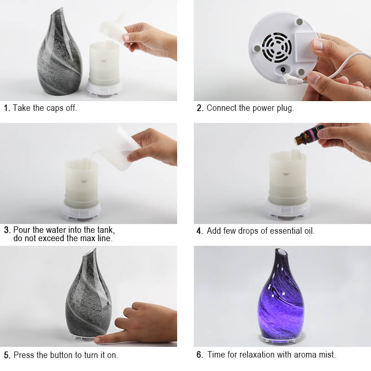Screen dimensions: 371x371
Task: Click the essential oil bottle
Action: (308, 135)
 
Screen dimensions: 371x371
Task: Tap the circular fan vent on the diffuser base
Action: (277, 47)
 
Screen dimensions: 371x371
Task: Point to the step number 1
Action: (7, 109)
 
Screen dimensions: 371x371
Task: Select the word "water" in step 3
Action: (55, 230)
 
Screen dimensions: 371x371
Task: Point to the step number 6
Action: (200, 355)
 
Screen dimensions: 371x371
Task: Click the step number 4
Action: (200, 231)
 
